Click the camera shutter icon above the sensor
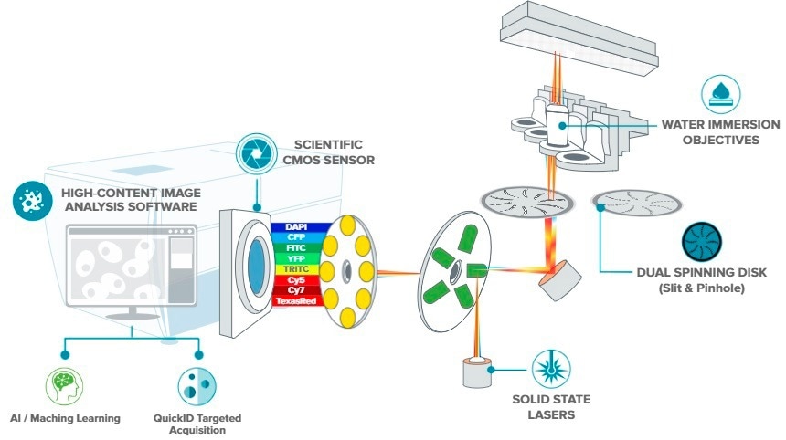[252, 152]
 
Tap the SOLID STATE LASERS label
[551, 408]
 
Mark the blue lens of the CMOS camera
[248, 261]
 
